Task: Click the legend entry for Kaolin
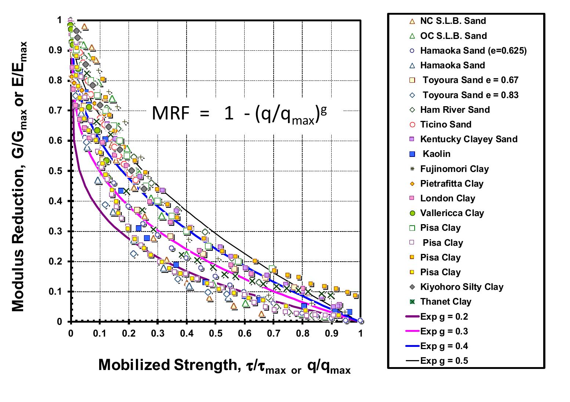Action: pos(436,154)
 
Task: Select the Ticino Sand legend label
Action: pos(445,125)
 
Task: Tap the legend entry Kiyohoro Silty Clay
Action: pos(461,287)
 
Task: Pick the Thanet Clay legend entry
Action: pos(445,302)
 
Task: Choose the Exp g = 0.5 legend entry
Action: pos(444,361)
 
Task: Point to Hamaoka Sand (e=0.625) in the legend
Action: pos(473,51)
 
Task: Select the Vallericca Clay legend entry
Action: pos(452,213)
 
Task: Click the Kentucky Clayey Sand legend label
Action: pos(469,139)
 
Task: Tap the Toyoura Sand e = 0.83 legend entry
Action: pos(470,95)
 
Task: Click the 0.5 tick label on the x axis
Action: pos(216,333)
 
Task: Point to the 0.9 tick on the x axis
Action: pos(332,333)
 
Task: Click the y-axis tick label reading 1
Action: pos(59,20)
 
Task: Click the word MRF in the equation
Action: pos(170,114)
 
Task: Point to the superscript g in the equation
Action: pos(323,111)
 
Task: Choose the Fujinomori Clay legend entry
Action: pos(454,169)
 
